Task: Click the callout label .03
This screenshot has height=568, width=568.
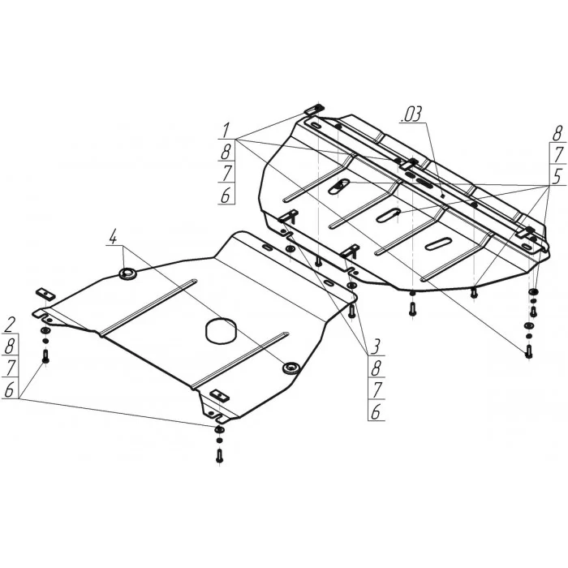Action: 412,114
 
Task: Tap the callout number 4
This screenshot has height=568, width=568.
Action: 113,237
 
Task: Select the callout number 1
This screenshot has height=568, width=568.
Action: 226,131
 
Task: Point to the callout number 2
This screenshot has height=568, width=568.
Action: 10,325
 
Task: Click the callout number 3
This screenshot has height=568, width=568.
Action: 375,346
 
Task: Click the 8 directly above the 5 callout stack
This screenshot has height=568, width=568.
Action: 558,133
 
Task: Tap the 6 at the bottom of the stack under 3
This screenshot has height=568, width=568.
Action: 376,411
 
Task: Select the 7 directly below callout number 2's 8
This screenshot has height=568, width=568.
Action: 10,368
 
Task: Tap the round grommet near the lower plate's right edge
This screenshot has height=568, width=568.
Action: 290,368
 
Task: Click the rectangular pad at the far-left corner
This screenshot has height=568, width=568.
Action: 45,294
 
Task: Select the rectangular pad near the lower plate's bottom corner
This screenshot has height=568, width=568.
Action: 220,395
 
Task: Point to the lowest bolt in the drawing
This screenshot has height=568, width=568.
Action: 219,455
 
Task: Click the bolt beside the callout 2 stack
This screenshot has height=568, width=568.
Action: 45,355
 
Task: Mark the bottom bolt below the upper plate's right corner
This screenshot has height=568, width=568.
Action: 528,351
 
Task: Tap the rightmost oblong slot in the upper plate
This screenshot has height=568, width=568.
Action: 438,243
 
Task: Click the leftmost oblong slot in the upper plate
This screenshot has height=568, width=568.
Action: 339,186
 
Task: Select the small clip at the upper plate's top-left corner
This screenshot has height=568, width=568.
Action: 314,109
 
